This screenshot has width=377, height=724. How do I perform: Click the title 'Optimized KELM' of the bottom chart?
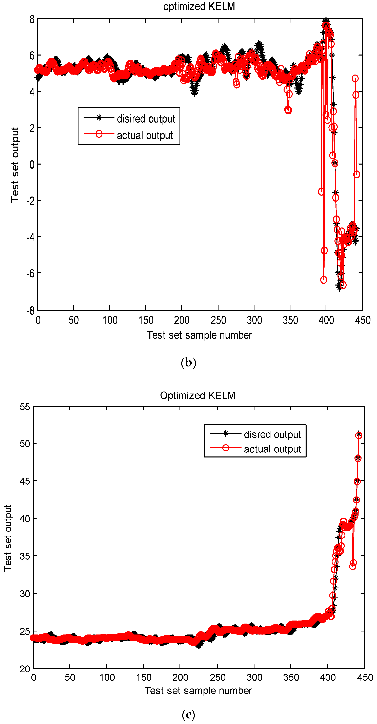pos(198,395)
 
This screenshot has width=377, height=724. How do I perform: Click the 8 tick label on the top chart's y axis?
pos(32,19)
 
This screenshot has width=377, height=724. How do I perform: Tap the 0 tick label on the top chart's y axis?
pos(32,164)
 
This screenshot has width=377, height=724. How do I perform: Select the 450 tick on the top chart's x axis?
pos(363,320)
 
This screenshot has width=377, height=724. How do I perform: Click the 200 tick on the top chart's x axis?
pos(182,320)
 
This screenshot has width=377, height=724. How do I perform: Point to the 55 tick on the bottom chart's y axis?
pos(25,407)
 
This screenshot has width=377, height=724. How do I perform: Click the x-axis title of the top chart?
pos(199,335)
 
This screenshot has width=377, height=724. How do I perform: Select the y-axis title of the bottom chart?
pos(8,538)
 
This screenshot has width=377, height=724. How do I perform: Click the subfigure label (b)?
pos(188,363)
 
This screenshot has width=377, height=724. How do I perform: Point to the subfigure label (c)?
pos(188,714)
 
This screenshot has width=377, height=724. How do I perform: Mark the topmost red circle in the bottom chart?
pos(359,435)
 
